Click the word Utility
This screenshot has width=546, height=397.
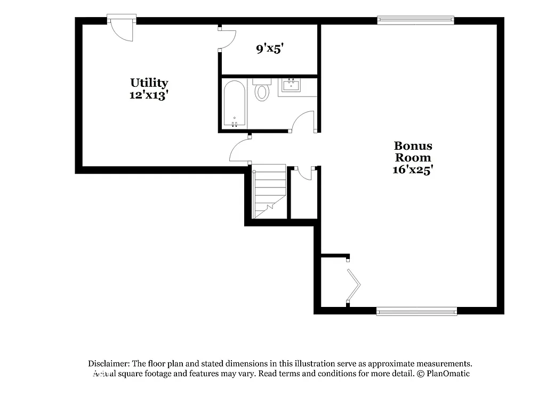pyautogui.click(x=149, y=83)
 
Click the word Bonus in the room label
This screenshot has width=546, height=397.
pyautogui.click(x=413, y=145)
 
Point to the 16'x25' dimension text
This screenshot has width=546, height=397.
pyautogui.click(x=413, y=170)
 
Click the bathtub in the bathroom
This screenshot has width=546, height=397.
pyautogui.click(x=234, y=103)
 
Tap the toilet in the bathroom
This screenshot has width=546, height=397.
pyautogui.click(x=262, y=91)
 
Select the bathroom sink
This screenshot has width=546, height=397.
pyautogui.click(x=291, y=85)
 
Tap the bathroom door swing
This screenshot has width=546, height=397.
pyautogui.click(x=304, y=120)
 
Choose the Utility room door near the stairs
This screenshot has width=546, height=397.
pyautogui.click(x=240, y=150)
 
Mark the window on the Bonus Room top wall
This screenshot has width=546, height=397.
pyautogui.click(x=415, y=20)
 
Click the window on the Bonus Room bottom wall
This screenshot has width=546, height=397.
pyautogui.click(x=416, y=311)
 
